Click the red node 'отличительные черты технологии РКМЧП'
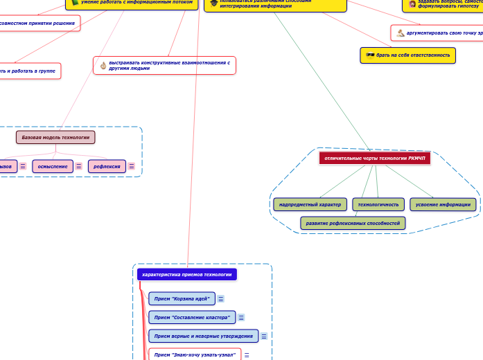[x=374, y=158]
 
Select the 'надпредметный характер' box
[x=310, y=204]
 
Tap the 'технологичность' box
[x=378, y=204]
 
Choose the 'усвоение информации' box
[x=443, y=204]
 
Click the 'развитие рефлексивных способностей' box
[x=353, y=223]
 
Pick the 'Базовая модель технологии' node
[x=55, y=137]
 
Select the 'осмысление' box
[x=53, y=166]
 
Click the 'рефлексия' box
[x=107, y=166]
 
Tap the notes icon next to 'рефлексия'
[x=132, y=166]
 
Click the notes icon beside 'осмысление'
[x=79, y=166]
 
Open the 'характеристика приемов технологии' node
[x=186, y=274]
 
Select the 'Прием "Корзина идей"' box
[x=181, y=298]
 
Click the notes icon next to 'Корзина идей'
[x=220, y=299]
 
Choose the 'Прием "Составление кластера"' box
[x=192, y=317]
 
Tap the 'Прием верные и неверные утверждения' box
[x=203, y=336]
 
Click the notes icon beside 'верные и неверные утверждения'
[x=264, y=336]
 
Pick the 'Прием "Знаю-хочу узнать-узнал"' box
[x=195, y=354]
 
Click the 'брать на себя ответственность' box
[x=408, y=55]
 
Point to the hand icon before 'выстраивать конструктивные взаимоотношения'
[x=103, y=65]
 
